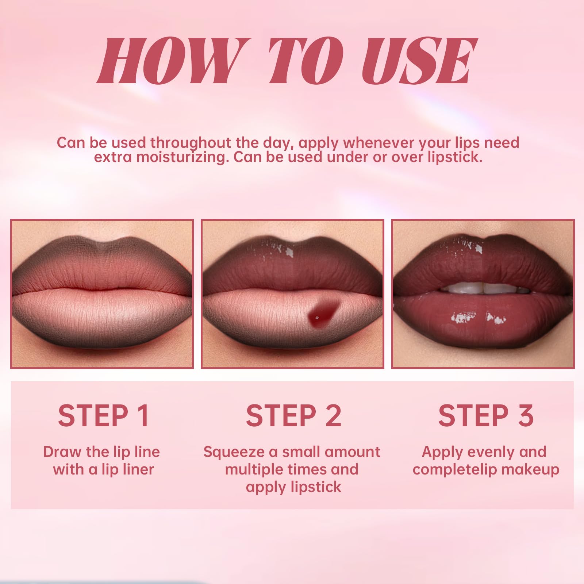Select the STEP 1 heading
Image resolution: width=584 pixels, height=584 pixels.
tap(103, 415)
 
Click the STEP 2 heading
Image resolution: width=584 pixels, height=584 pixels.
tap(293, 415)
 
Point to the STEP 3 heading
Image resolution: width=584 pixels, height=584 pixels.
tap(486, 415)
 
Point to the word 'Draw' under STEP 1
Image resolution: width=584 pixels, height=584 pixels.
tap(62, 452)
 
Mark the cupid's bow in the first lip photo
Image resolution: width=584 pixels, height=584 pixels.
tap(103, 243)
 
